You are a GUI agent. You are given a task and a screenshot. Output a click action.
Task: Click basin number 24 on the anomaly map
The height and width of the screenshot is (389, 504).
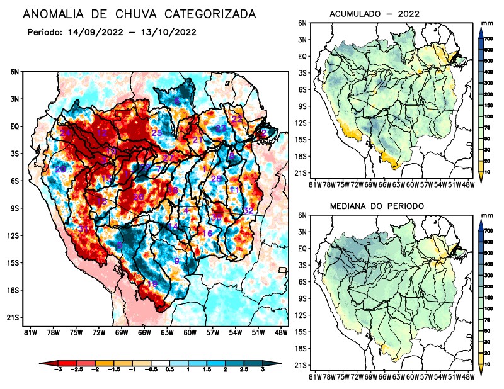point(65,133)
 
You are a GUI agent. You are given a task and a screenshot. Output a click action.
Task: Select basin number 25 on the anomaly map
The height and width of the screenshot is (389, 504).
point(157,133)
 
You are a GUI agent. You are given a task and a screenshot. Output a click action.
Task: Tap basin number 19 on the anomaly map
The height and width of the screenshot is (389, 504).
point(152,285)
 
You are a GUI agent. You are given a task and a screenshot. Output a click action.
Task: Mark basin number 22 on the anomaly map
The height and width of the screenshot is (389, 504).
point(237,119)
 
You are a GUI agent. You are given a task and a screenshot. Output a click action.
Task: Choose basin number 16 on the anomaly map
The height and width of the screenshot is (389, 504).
point(207,234)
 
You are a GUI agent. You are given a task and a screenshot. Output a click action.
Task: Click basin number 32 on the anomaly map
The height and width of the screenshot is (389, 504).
point(248,211)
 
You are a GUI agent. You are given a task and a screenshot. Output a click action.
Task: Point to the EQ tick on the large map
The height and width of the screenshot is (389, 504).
point(14,126)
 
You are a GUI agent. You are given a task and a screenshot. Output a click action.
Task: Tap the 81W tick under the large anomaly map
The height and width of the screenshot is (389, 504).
point(29,332)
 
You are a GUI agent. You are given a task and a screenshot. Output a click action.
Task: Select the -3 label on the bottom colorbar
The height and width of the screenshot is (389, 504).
point(59,370)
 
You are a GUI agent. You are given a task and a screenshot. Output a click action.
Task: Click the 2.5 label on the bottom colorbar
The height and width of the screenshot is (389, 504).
point(246,370)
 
